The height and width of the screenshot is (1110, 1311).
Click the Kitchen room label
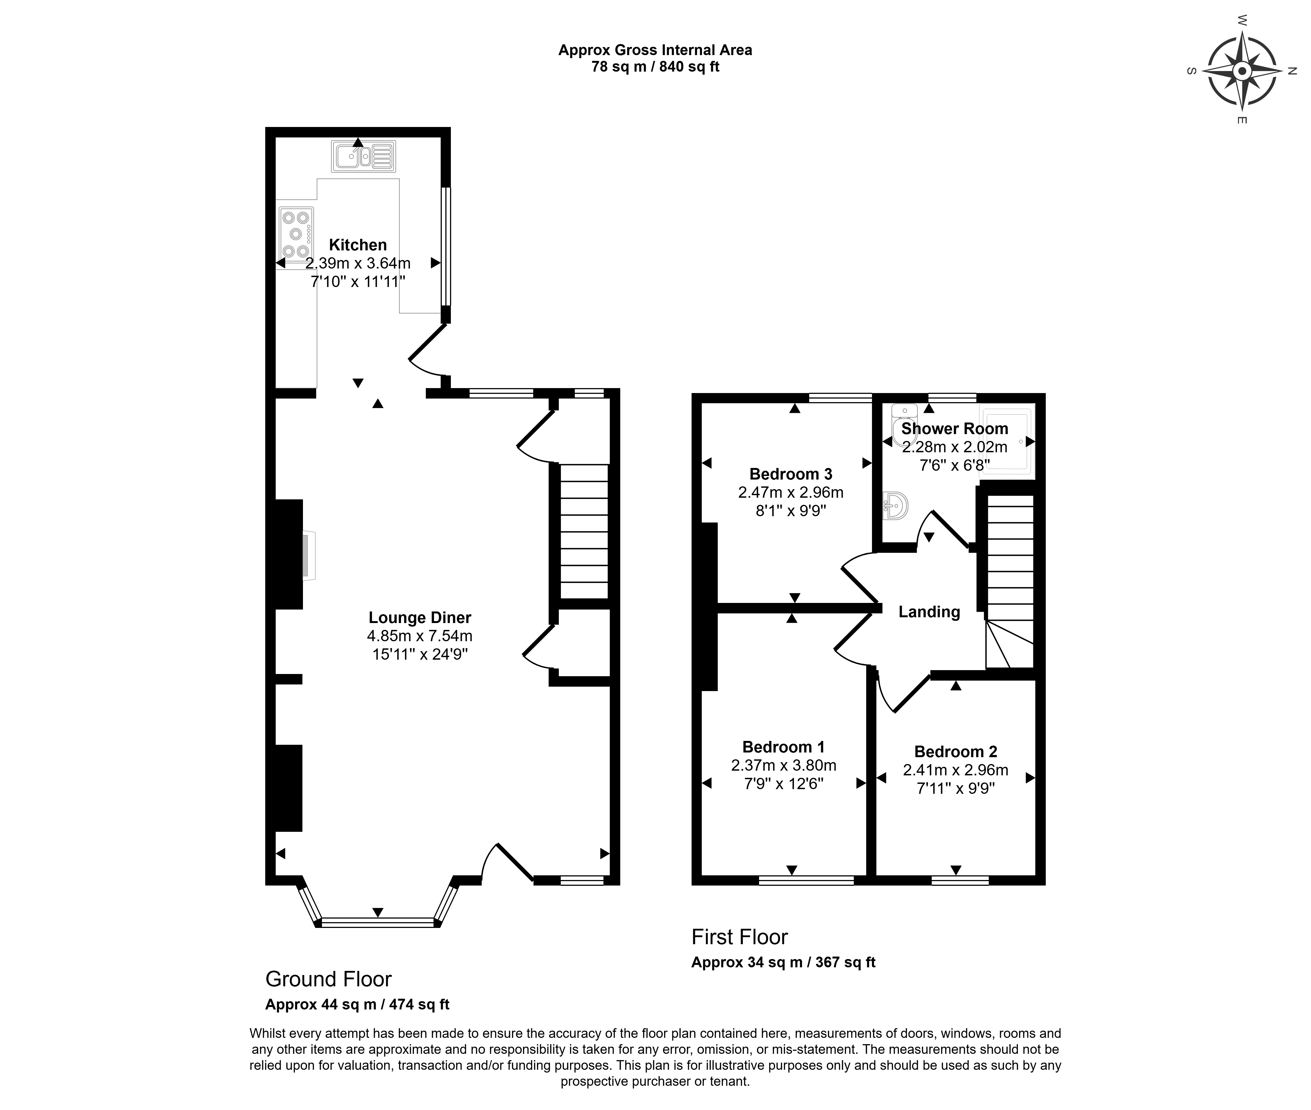point(358,245)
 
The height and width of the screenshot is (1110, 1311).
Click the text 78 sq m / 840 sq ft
point(655,67)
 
